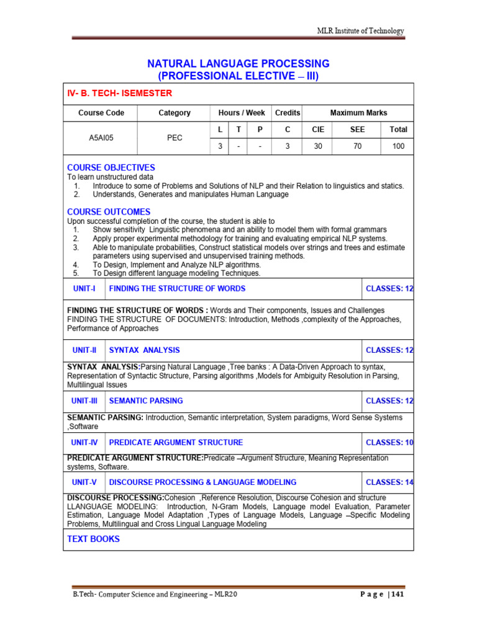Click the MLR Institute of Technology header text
[x=360, y=31]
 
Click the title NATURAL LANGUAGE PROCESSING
[x=238, y=64]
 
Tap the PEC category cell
[x=175, y=138]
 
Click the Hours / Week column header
[x=242, y=113]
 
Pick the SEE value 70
[x=357, y=146]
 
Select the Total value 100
[x=398, y=146]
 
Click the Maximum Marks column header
[x=358, y=113]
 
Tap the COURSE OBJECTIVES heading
[x=111, y=167]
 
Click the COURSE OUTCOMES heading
[x=109, y=212]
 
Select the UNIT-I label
[x=83, y=288]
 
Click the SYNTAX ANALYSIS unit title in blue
[x=144, y=350]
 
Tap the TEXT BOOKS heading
[x=93, y=539]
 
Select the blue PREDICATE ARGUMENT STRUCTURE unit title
[x=176, y=443]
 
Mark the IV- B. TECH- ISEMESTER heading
[x=119, y=93]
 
